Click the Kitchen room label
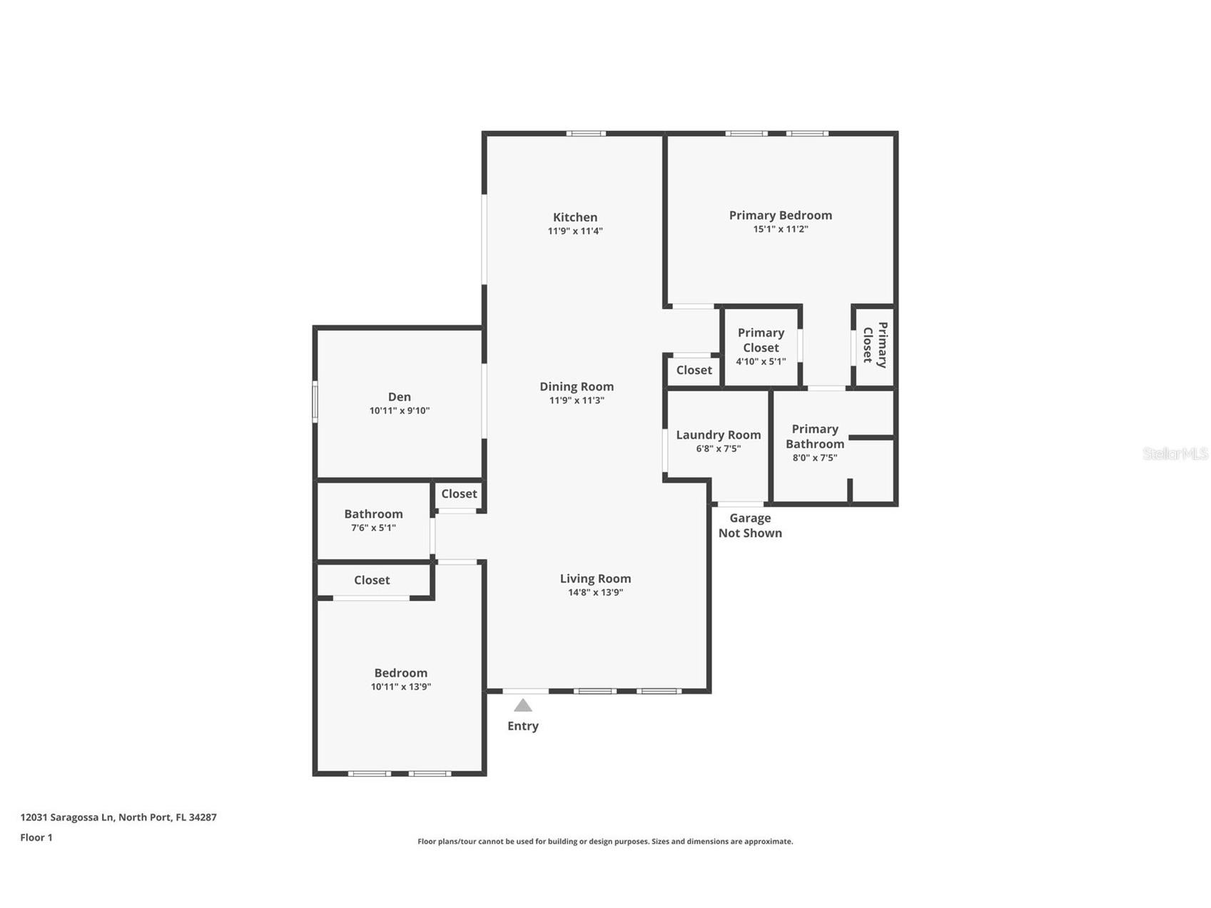pos(574,217)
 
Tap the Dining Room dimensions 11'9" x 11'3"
pos(576,400)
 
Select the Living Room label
pos(595,578)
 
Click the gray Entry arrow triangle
pos(523,705)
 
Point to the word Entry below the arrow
pos(522,725)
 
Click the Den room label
pos(399,396)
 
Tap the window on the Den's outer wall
pos(315,402)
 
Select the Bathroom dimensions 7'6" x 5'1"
pos(373,528)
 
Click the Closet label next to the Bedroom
pos(372,580)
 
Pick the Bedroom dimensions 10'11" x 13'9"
pos(400,687)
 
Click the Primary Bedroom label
pos(780,215)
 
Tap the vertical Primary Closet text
pos(875,345)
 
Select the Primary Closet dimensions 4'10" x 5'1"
pos(761,361)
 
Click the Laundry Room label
pos(718,435)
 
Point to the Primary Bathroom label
pos(814,436)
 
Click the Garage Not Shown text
pos(749,525)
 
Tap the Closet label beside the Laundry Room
pos(694,370)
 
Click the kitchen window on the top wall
pos(586,133)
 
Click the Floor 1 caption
pos(36,837)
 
